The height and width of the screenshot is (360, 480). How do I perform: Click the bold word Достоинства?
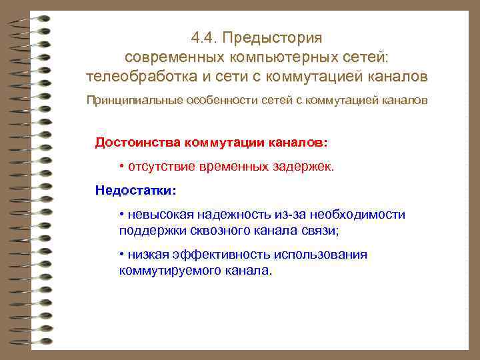coord(138,143)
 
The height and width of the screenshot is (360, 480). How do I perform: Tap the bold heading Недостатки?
coord(135,190)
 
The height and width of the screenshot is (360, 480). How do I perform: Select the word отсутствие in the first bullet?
coord(157,166)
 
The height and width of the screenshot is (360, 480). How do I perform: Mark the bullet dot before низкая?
coord(122,255)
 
